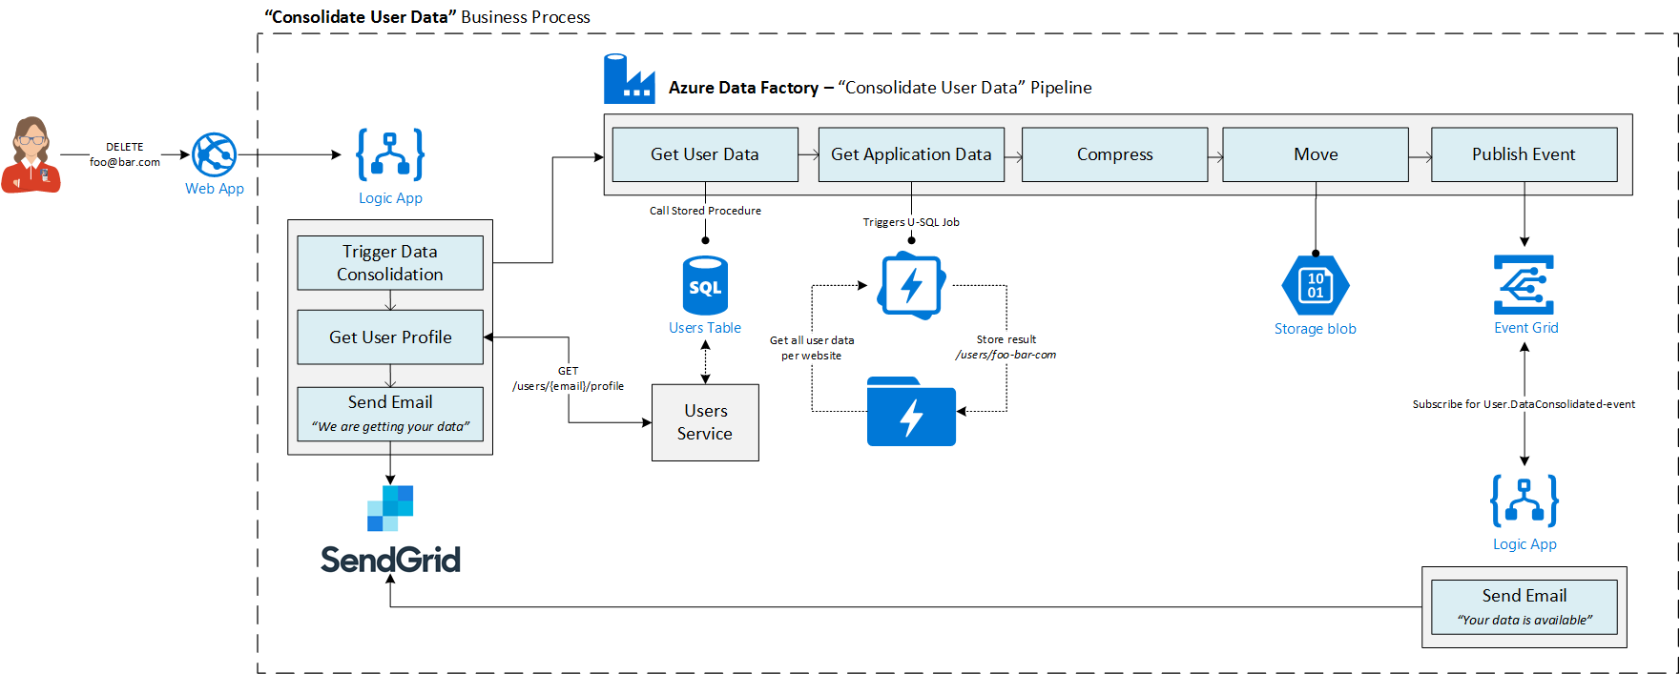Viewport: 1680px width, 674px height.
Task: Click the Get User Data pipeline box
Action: tap(705, 154)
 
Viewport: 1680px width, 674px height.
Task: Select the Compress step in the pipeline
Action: tap(1114, 154)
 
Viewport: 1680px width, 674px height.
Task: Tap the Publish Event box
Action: tap(1524, 154)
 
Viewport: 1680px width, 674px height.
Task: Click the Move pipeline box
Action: tap(1316, 154)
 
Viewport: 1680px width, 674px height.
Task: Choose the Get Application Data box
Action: tap(911, 154)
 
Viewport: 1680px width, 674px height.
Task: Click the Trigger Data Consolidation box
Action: tap(390, 263)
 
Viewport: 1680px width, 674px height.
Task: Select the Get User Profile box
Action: tap(390, 337)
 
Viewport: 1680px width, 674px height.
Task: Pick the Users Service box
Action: tap(705, 422)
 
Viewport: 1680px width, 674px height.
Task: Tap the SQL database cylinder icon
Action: tap(705, 285)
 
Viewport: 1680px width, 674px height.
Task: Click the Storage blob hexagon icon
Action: tap(1316, 285)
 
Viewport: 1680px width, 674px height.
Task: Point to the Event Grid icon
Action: tap(1524, 284)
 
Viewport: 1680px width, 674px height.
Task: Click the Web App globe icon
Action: tap(214, 154)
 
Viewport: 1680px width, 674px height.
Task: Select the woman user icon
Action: tap(31, 154)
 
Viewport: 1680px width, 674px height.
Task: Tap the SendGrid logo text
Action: tap(390, 560)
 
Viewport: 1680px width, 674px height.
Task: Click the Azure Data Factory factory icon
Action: tap(629, 80)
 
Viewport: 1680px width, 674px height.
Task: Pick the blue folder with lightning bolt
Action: tap(911, 412)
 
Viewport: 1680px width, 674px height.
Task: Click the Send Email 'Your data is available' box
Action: tap(1524, 607)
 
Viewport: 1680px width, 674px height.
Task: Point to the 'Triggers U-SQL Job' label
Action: tap(911, 222)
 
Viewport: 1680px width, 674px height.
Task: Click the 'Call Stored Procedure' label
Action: tap(705, 211)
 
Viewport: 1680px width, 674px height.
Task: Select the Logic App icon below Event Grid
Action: tap(1524, 500)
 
